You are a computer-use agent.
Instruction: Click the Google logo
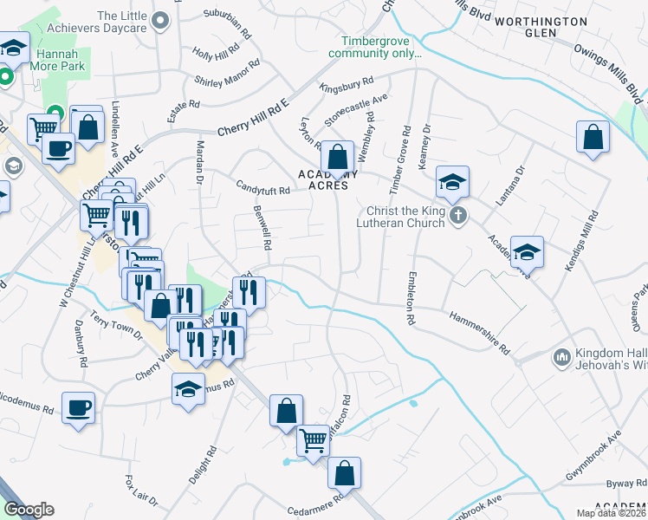click(x=29, y=510)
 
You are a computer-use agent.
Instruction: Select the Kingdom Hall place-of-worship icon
click(x=561, y=357)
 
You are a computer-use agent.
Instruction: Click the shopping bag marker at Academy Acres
click(x=338, y=158)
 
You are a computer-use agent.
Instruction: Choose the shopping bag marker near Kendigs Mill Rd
click(x=593, y=137)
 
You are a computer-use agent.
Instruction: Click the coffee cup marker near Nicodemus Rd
click(x=78, y=406)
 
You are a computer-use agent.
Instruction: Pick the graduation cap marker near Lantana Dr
click(x=527, y=252)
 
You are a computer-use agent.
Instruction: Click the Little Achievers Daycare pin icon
click(x=159, y=19)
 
